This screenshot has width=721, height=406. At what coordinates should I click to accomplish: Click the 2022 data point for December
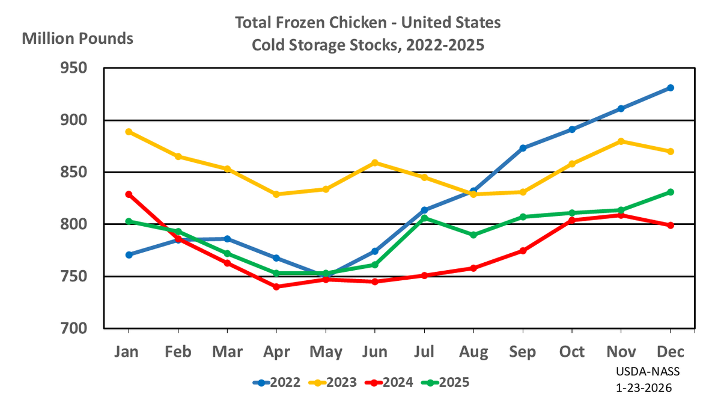coord(671,88)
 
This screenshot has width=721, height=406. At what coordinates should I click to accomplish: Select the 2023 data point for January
coord(129,132)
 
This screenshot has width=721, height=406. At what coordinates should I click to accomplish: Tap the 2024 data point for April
coord(276,287)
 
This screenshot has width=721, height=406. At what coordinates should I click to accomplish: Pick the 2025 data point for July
coord(424,218)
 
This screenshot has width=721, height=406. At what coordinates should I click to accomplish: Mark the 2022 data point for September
coord(523,148)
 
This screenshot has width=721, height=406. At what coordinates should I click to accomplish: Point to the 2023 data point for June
coord(375,162)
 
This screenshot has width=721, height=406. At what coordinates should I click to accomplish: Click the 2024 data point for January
coord(129,194)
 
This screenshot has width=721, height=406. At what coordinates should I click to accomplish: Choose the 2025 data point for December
coord(671,192)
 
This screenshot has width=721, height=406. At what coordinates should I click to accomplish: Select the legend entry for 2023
coord(333,382)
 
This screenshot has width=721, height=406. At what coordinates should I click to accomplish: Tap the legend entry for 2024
coord(389,382)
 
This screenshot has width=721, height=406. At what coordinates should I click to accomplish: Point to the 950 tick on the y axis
coord(81,69)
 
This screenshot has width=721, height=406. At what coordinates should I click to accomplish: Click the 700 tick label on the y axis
coord(81,329)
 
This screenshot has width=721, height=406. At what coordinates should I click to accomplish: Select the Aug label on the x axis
coord(473,351)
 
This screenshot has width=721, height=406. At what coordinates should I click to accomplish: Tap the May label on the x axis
coord(326,351)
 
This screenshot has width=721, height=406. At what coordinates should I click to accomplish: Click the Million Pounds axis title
coord(78,39)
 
